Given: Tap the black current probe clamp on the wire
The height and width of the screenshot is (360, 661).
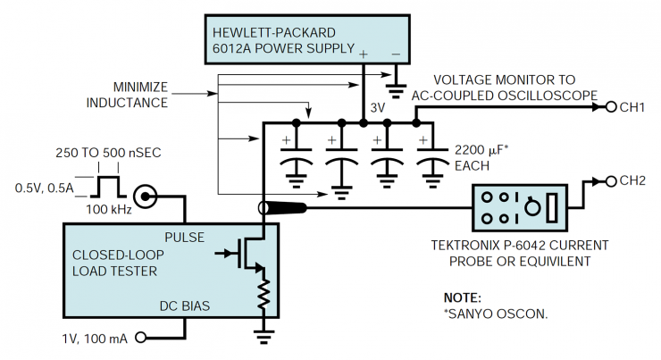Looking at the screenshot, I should click(x=283, y=209).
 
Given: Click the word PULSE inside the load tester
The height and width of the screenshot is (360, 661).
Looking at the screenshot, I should click(x=185, y=239).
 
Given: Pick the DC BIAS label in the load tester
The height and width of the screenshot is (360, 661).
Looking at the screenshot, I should click(x=185, y=306).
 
